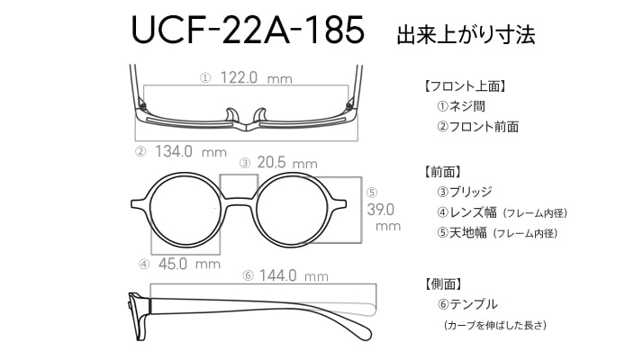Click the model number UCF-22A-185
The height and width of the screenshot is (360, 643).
point(248,30)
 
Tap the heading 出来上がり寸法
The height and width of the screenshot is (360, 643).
point(466,35)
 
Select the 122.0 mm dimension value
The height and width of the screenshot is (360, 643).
point(257,77)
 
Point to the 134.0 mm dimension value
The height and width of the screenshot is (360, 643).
point(191,152)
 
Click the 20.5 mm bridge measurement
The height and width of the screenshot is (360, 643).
point(287,163)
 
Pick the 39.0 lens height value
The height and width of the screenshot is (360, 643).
point(381,210)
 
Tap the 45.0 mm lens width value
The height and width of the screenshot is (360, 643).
point(189,264)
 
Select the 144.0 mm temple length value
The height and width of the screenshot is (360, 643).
point(294,275)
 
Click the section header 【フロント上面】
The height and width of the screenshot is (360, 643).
point(464,86)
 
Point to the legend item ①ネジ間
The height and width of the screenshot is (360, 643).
point(461,106)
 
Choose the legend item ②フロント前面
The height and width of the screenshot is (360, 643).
point(477,127)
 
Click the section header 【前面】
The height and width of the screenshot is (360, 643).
point(441,172)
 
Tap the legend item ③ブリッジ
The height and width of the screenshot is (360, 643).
point(464,192)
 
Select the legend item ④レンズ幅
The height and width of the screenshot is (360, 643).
point(466,212)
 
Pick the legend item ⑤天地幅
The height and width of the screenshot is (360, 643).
point(462,233)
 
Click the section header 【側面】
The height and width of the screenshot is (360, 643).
point(442,283)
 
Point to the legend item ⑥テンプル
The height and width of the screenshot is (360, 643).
point(467,304)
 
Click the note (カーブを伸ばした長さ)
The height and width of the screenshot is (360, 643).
point(495,326)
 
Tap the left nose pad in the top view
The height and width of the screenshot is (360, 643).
point(232,115)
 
